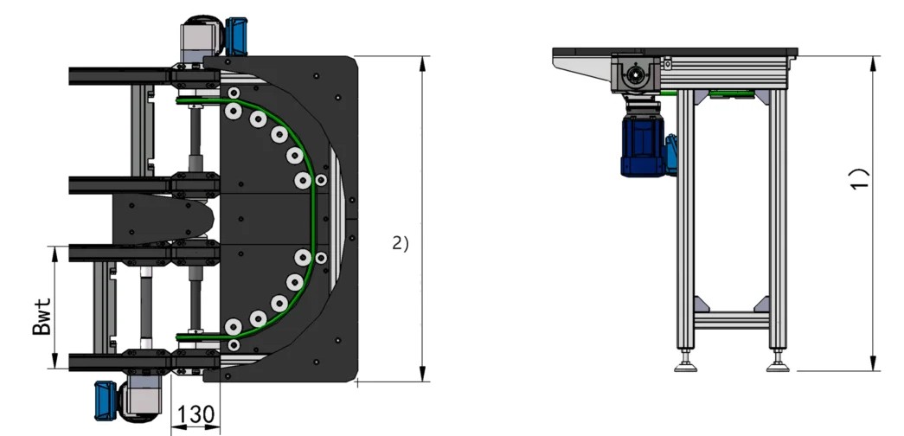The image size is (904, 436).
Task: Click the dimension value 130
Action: (195, 415)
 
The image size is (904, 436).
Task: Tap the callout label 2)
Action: (400, 244)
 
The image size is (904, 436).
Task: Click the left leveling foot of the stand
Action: (690, 363)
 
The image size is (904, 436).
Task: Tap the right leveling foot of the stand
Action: (778, 363)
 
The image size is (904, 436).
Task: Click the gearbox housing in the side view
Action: (635, 75)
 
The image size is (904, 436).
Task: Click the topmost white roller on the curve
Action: (234, 92)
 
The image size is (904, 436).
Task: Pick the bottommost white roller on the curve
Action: (234, 344)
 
